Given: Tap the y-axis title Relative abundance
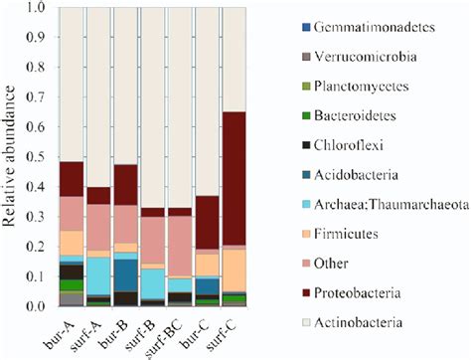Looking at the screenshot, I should pyautogui.click(x=13, y=159).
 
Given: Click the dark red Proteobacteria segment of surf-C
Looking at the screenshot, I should pyautogui.click(x=234, y=179).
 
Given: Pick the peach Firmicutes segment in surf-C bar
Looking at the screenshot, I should pyautogui.click(x=234, y=270).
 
